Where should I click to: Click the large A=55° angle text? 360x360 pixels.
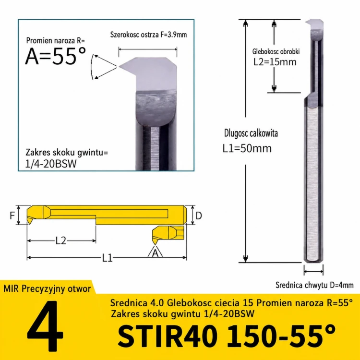[56, 56]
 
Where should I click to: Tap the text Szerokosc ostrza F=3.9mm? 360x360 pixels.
[148, 35]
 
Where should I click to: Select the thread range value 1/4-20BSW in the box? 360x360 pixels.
[51, 164]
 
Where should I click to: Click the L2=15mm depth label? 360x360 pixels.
[275, 62]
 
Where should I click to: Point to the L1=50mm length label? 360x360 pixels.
[247, 148]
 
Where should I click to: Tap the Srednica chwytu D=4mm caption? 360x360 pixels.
[314, 285]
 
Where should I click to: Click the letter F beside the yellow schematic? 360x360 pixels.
[12, 216]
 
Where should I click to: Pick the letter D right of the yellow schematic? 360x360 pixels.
[199, 216]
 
